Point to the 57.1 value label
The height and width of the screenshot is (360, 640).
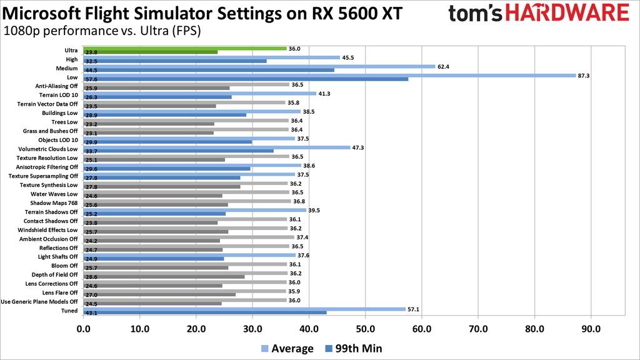(x=414, y=309)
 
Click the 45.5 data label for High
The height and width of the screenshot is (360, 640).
(x=349, y=57)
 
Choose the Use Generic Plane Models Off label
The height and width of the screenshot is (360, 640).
(x=39, y=302)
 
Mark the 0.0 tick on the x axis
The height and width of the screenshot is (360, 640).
(x=82, y=328)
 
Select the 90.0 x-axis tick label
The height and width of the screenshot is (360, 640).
(x=591, y=328)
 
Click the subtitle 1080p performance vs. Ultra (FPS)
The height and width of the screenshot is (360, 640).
(x=102, y=31)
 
